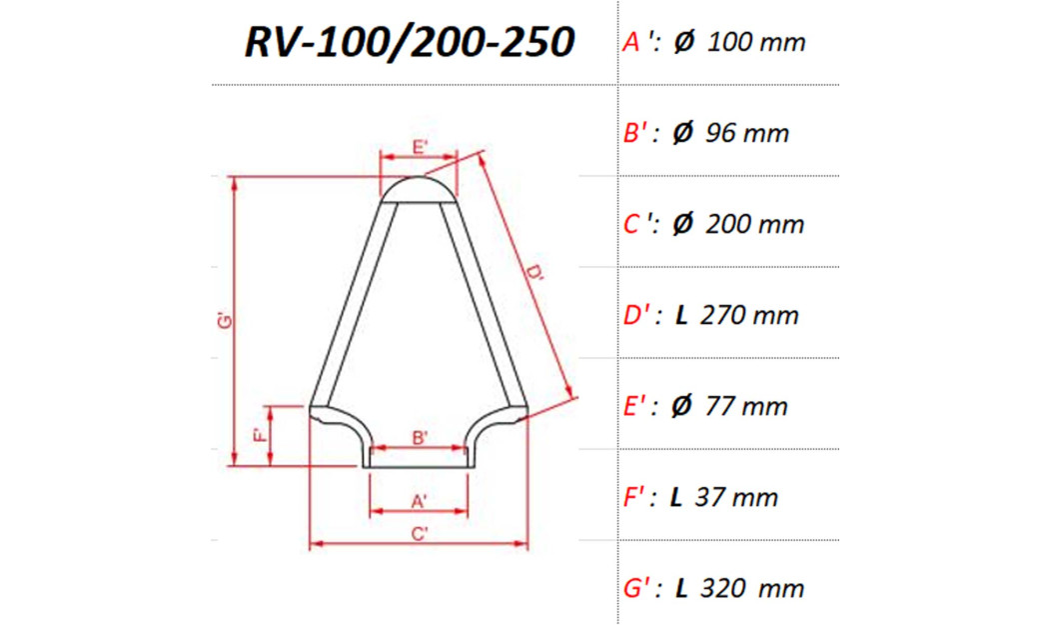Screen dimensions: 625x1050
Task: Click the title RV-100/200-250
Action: coord(410,43)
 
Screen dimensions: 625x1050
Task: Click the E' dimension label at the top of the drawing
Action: coord(421,147)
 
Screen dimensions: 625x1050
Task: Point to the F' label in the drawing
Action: coord(258,435)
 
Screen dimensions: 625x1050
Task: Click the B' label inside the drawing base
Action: coord(421,437)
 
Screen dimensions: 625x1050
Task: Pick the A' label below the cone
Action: coord(420,499)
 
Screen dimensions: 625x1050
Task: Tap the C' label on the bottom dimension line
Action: coord(420,533)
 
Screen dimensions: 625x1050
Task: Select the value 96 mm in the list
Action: coord(746,134)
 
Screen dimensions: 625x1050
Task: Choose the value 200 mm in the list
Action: coord(755,225)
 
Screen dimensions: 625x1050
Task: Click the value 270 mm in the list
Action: coord(750,316)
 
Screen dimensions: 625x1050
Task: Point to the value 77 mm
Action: coord(746,407)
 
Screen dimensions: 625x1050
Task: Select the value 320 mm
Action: coord(753,589)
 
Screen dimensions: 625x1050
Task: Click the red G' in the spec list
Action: coord(637,588)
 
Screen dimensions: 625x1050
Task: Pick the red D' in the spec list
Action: coord(637,315)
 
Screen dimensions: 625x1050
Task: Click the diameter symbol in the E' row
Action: coord(683,407)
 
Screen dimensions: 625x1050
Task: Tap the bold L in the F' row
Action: coord(676,498)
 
